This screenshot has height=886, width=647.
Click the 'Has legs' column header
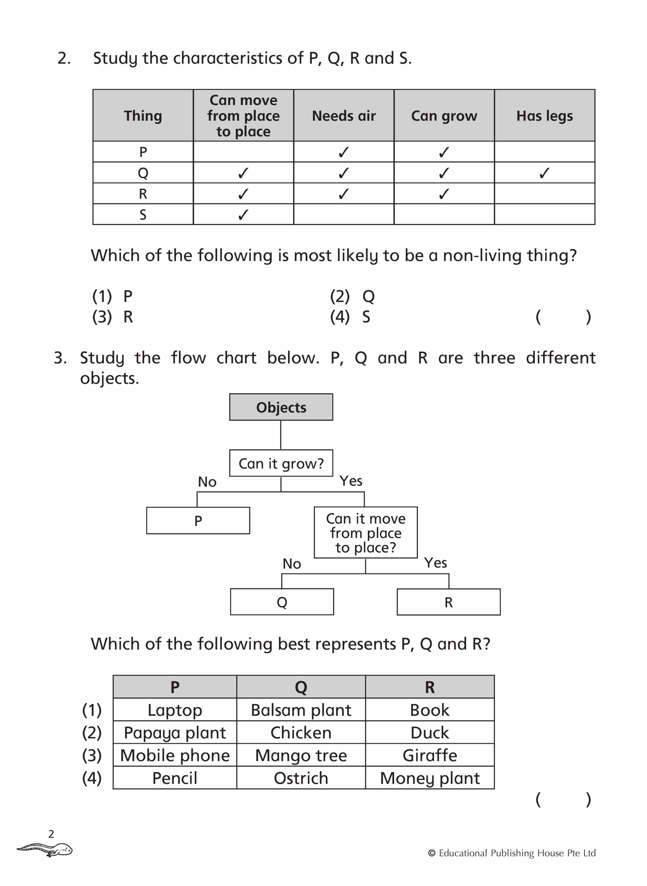[x=544, y=116]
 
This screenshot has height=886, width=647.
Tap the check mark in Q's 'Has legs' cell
[x=544, y=173]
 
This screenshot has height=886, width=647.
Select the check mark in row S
[x=243, y=214]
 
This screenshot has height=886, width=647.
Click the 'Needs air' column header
[x=343, y=116]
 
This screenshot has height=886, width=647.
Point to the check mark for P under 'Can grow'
[x=444, y=152]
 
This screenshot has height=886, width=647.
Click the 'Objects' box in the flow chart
[x=281, y=407]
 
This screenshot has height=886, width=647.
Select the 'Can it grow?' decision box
[x=281, y=463]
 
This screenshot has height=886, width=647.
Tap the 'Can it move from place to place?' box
[x=366, y=533]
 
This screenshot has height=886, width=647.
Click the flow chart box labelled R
[x=449, y=602]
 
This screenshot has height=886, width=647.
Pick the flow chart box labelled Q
[x=281, y=602]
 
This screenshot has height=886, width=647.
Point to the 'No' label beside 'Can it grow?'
[x=207, y=482]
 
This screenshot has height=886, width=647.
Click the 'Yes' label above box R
[x=435, y=563]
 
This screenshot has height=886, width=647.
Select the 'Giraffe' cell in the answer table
[x=429, y=755]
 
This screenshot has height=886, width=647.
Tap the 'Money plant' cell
[x=429, y=778]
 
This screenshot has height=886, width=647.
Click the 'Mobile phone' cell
[x=175, y=755]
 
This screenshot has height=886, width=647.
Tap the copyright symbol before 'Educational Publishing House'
[x=432, y=853]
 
